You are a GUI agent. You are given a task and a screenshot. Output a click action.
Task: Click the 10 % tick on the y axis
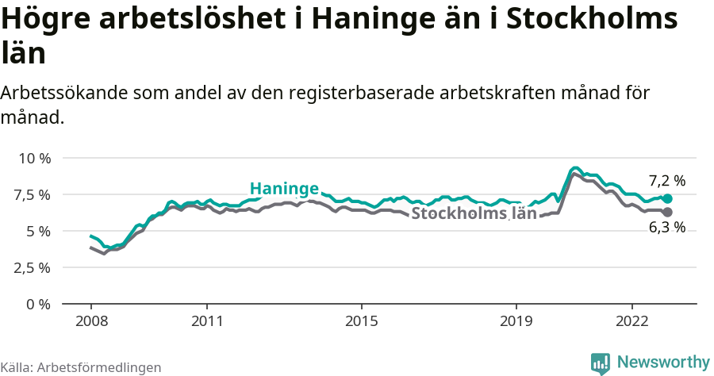coord(34,158)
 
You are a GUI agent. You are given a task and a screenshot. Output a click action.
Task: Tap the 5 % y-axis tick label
coord(39,231)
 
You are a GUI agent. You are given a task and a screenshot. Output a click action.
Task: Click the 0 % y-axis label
coord(39,304)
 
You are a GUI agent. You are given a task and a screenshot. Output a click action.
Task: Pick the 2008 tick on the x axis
coord(90,322)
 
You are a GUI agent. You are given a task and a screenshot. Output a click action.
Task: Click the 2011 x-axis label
coord(206,322)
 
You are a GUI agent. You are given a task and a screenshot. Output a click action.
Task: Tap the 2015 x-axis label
coord(361,322)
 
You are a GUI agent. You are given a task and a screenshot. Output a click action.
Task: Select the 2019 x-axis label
coord(516,322)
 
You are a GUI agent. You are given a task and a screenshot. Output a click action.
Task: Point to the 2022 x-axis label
coord(631,322)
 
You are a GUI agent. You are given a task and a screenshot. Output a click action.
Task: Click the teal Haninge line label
coord(284,189)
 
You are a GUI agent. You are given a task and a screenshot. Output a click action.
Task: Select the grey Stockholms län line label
coord(474,213)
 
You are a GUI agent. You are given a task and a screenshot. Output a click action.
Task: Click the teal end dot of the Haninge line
coord(667,198)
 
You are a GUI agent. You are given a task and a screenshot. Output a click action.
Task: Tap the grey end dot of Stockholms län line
coord(667,212)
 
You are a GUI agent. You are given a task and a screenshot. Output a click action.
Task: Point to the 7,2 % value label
coord(666,180)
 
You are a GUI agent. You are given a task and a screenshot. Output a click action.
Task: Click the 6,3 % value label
coord(666,228)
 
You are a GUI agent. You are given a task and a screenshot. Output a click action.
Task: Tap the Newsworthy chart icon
coord(601,363)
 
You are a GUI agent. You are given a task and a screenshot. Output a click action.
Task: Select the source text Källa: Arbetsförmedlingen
coord(81,367)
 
